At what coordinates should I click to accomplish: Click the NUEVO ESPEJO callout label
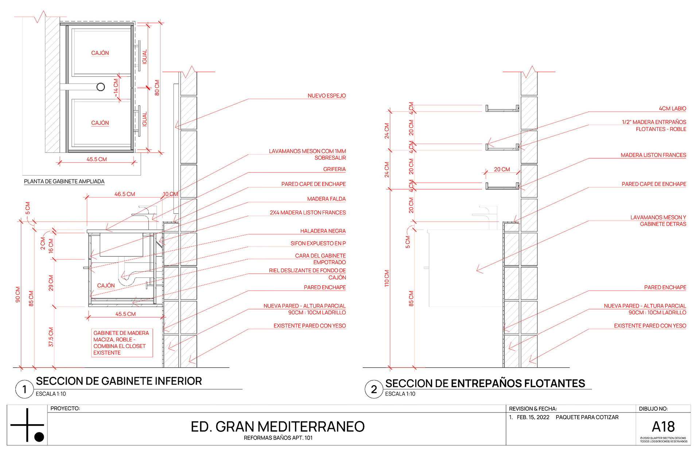click(326, 96)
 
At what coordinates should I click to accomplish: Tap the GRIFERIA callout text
click(334, 169)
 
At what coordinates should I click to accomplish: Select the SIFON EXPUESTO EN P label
click(318, 243)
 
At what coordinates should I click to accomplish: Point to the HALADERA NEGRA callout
click(323, 231)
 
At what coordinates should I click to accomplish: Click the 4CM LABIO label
click(672, 108)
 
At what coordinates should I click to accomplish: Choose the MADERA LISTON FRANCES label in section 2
click(653, 155)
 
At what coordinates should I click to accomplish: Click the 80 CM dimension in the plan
click(157, 88)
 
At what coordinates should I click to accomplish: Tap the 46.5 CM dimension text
click(125, 194)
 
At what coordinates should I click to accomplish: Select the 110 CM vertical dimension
click(387, 278)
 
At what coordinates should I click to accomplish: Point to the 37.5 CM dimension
click(51, 337)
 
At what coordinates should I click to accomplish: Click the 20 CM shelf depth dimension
click(502, 169)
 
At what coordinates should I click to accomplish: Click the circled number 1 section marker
click(24, 389)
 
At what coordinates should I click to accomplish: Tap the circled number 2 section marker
click(374, 389)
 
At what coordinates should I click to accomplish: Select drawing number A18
click(663, 426)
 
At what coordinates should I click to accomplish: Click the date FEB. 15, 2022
click(533, 417)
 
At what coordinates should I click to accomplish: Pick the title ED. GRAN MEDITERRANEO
click(277, 426)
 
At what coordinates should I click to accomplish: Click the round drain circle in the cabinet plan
click(101, 87)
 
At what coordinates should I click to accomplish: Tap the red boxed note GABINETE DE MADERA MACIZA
click(121, 342)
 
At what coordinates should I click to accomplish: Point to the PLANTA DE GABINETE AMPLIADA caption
click(64, 181)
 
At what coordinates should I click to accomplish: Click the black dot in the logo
click(39, 437)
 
